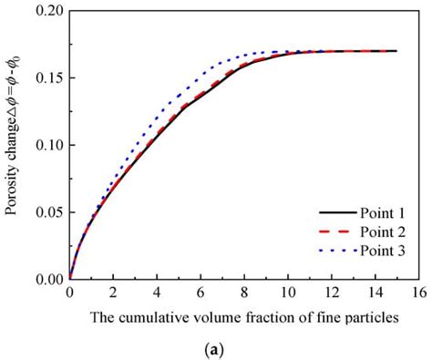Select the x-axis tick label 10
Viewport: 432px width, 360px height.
pos(287,293)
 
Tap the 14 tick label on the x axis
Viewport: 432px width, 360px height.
pos(375,293)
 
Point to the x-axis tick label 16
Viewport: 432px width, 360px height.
pos(418,293)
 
